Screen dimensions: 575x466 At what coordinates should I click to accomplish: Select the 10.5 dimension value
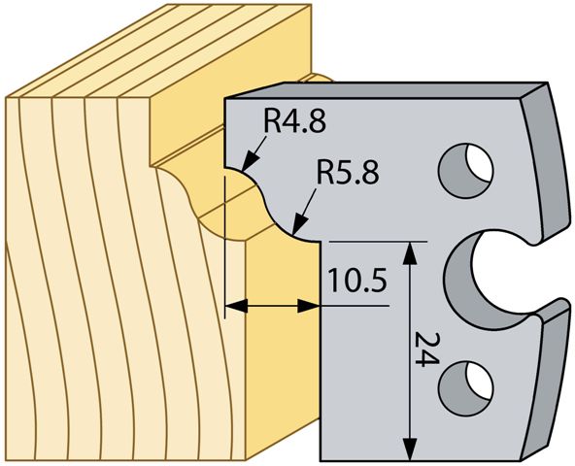click(x=357, y=280)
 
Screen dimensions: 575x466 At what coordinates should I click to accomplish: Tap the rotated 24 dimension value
click(x=426, y=349)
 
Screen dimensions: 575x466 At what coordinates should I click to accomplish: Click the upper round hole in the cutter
click(x=466, y=171)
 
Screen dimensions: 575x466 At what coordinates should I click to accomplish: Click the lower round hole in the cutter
click(x=466, y=388)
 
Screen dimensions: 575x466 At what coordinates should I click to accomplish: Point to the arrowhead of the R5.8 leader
click(x=300, y=224)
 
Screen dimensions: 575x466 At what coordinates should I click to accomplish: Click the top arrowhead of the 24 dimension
click(x=409, y=252)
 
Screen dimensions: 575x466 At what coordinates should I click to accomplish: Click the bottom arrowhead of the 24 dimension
click(x=409, y=449)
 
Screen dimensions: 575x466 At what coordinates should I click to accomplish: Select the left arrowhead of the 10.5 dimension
click(x=236, y=306)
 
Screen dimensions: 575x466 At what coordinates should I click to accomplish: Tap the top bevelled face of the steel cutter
click(x=385, y=90)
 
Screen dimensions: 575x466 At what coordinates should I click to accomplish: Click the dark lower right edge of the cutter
click(x=550, y=378)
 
